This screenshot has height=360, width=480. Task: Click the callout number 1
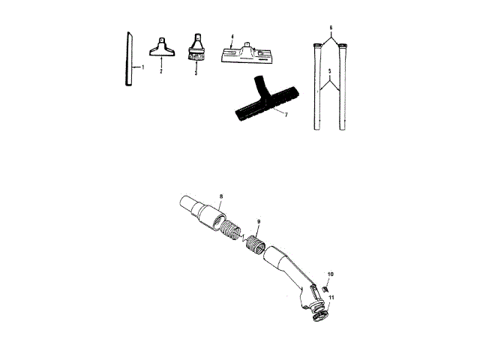(142, 67)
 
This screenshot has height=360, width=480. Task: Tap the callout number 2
(161, 71)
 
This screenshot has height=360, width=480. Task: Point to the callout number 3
(196, 74)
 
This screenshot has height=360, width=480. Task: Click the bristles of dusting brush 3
(196, 54)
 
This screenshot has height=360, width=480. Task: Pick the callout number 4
(232, 36)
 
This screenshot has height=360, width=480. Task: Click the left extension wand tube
(316, 90)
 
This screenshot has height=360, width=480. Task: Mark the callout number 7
(286, 114)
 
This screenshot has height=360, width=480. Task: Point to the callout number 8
(221, 196)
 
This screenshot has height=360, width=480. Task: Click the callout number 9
(259, 222)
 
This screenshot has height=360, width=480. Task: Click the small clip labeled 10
(326, 288)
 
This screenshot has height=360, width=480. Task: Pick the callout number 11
(331, 298)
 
